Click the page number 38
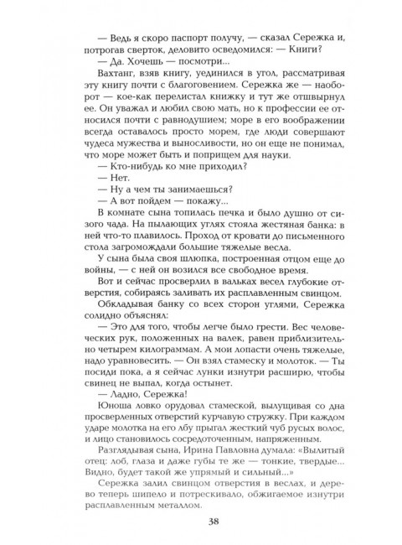click(200, 521)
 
